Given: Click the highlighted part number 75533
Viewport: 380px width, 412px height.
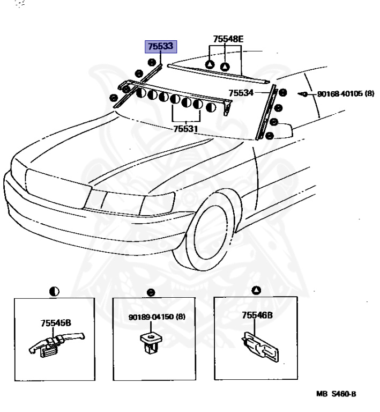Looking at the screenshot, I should pyautogui.click(x=161, y=47).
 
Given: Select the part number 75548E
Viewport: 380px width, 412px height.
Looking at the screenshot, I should pyautogui.click(x=228, y=39).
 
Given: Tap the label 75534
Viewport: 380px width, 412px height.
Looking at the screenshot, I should pyautogui.click(x=241, y=93).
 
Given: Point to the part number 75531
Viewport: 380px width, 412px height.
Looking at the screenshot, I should pyautogui.click(x=185, y=129).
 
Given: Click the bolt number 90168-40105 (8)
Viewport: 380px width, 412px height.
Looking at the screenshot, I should pyautogui.click(x=346, y=93).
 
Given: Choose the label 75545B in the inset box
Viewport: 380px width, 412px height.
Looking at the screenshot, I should pyautogui.click(x=56, y=323).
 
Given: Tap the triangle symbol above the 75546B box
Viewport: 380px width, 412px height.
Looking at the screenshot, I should pyautogui.click(x=256, y=290).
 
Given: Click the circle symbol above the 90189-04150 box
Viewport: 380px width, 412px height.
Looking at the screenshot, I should pyautogui.click(x=152, y=293).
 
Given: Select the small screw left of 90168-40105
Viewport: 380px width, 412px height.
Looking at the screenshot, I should pyautogui.click(x=304, y=94).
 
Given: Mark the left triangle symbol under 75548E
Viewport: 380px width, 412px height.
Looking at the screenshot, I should pyautogui.click(x=210, y=65).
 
